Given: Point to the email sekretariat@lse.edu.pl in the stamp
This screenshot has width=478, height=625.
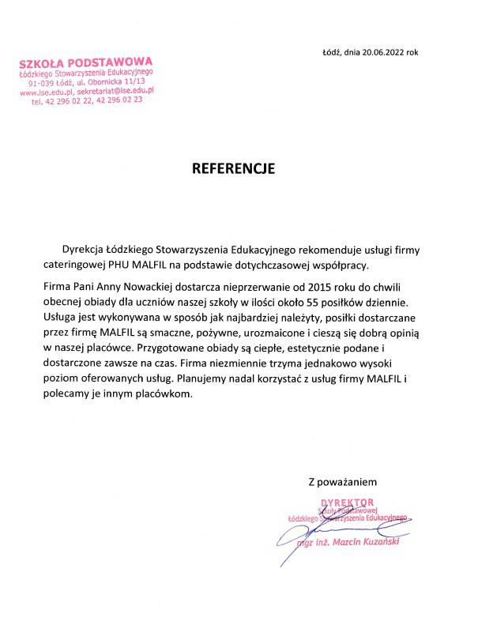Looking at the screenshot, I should tap(116, 92).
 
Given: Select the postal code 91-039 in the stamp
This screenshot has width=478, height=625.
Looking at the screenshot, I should tap(41, 82).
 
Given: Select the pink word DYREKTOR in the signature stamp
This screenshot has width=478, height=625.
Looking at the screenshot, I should tap(345, 503).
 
